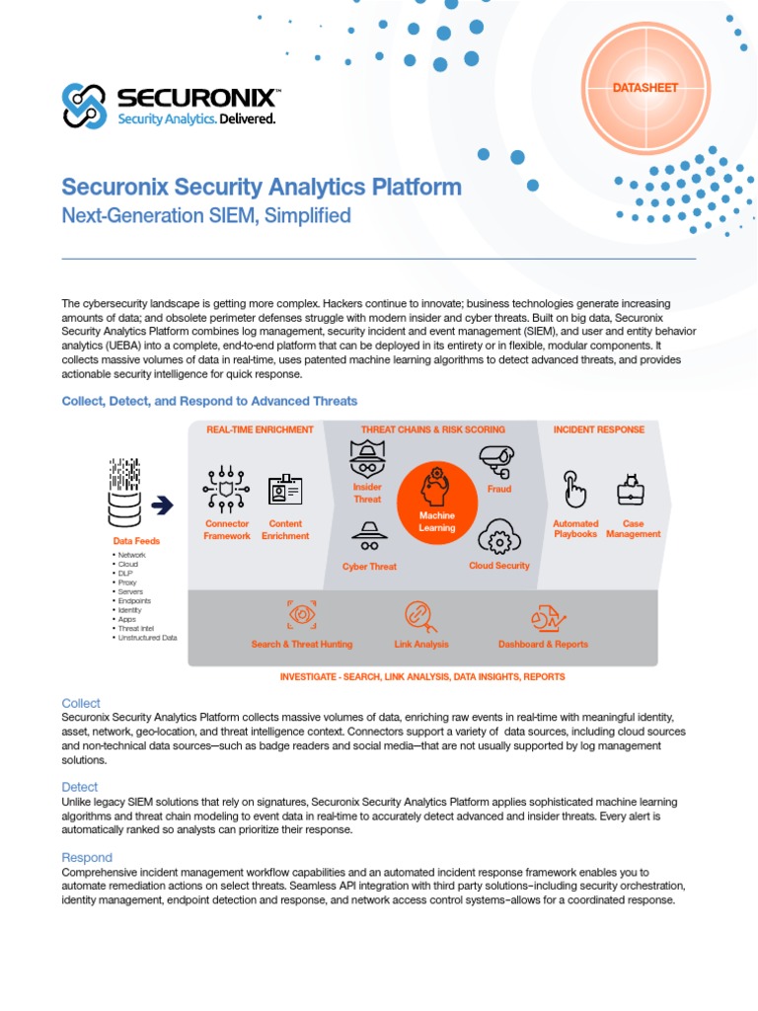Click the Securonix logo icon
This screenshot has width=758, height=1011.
pos(84,105)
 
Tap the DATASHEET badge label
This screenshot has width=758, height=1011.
pos(645,88)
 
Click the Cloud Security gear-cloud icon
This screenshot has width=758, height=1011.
pos(498,539)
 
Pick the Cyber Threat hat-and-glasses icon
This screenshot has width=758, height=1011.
pos(369,534)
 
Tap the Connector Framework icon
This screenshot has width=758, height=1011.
pos(226,489)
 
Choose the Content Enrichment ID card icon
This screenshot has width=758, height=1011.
pos(285,490)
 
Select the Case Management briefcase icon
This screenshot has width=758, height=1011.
pos(630,489)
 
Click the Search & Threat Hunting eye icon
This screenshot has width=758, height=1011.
pos(301,615)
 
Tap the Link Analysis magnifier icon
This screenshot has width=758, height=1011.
pos(420,615)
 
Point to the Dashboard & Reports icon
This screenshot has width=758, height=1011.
pos(543,618)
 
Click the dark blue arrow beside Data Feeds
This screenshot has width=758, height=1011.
pos(162,505)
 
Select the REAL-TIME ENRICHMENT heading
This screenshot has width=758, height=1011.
pos(260,429)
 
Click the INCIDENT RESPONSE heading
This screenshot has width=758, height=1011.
pos(599,429)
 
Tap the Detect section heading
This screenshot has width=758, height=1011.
pos(80,787)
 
